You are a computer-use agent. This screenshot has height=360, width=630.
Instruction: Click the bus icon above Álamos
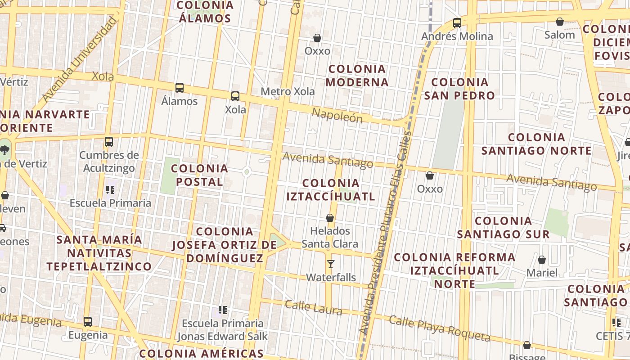(x=179, y=87)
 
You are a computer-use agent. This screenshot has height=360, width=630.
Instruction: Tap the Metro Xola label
(x=288, y=92)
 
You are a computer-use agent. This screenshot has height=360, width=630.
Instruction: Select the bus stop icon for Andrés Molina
(x=457, y=22)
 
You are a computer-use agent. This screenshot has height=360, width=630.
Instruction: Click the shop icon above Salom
(x=560, y=22)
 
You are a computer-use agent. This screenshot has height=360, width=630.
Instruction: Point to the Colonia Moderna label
(x=357, y=76)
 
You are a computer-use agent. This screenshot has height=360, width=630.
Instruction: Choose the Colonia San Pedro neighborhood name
(x=459, y=89)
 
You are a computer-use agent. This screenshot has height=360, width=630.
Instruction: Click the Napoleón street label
(x=337, y=115)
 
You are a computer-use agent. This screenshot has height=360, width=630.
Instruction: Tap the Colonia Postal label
(x=199, y=175)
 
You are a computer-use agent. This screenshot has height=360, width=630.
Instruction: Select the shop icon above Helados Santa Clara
(x=330, y=218)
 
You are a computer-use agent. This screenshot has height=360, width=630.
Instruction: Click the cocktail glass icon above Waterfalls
(x=331, y=264)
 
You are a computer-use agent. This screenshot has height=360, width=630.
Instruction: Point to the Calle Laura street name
(x=313, y=308)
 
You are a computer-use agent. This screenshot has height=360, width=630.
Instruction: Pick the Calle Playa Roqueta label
(x=439, y=328)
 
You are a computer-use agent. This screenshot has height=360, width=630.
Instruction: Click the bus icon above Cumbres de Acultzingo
(x=108, y=142)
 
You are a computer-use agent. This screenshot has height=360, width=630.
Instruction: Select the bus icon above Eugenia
(x=88, y=322)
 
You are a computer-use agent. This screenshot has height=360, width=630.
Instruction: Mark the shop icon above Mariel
(x=542, y=260)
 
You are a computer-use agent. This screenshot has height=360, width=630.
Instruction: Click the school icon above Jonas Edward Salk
(x=222, y=310)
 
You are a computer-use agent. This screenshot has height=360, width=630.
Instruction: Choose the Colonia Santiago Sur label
(x=503, y=227)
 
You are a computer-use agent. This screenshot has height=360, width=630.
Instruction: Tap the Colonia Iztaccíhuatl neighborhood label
(x=331, y=189)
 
